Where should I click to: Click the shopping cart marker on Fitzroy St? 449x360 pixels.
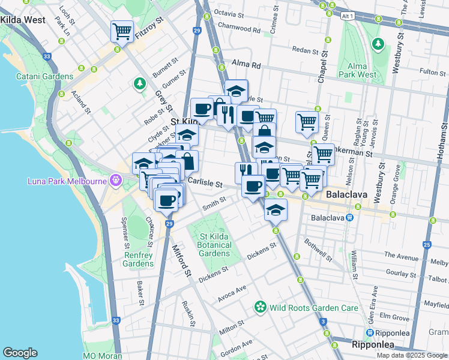pos(122,31)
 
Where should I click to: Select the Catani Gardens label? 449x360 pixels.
pos(44,76)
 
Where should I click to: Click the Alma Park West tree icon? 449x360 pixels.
pos(378,43)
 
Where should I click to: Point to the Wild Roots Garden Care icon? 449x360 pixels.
pos(260,308)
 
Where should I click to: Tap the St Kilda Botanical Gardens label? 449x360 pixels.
pos(214,245)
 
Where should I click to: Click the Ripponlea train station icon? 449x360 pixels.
pos(371,333)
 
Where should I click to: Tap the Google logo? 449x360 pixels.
pos(20,352)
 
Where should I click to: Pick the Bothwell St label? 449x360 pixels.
pos(318,251)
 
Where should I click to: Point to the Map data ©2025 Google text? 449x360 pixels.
pos(411,355)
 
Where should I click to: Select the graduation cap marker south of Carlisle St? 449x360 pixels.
pos(276,210)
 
